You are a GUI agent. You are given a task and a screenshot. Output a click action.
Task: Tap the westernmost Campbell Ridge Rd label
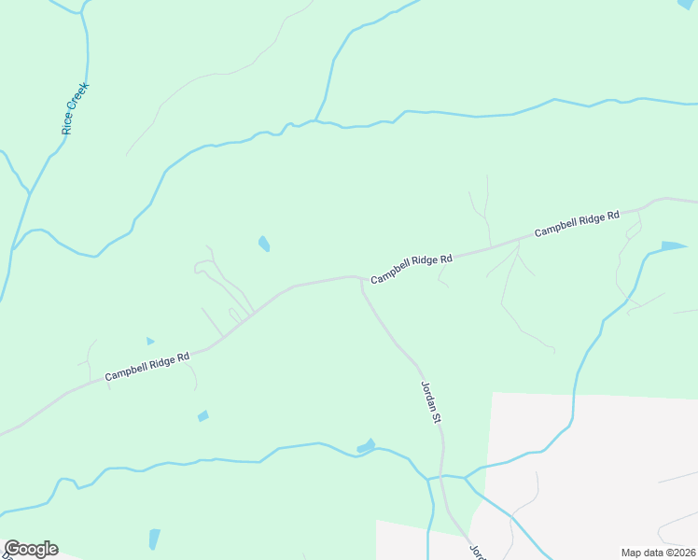[x=147, y=365]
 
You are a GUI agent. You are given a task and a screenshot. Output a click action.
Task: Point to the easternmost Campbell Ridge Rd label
[x=577, y=224]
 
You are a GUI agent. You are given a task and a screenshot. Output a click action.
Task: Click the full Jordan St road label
[x=431, y=401]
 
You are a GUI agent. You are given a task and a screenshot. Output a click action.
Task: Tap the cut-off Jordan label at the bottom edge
[x=479, y=552]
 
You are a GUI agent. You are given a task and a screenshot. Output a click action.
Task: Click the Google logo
[x=31, y=549]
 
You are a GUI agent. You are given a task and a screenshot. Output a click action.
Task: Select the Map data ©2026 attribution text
[x=658, y=553]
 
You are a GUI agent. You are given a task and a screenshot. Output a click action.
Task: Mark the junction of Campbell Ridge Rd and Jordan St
[x=361, y=278]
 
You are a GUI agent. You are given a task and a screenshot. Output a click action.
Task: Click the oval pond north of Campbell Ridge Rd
[x=264, y=244]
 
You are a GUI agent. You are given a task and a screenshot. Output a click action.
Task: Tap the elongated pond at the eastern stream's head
[x=674, y=246]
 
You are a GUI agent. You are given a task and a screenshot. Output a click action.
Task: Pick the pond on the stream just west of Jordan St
[x=366, y=447]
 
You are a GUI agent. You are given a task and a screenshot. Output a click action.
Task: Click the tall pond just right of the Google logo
[x=154, y=539]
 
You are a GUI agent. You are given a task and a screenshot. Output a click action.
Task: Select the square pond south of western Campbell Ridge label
[x=202, y=415]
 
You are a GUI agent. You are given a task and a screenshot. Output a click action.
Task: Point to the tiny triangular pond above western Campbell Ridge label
[x=149, y=342]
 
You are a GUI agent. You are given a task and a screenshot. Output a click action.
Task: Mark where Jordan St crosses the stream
[x=443, y=477]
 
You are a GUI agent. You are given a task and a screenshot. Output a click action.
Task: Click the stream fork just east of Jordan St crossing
[x=466, y=477]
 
